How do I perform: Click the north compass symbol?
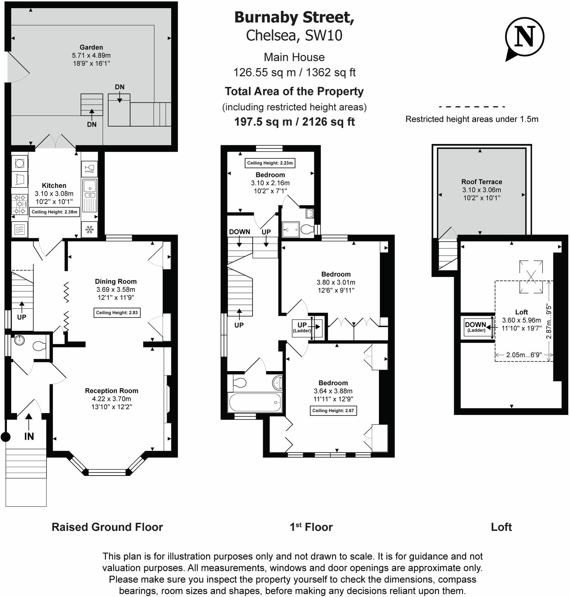tap(524, 37)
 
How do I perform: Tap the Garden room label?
tap(91, 47)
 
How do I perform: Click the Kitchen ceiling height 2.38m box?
tap(55, 212)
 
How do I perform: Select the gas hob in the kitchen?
tap(20, 204)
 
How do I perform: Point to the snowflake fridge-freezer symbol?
tap(90, 230)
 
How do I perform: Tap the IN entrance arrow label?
tap(29, 436)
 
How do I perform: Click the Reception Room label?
tap(111, 391)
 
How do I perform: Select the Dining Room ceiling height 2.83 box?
tap(117, 313)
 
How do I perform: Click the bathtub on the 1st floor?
tap(255, 402)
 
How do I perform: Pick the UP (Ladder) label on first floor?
tap(302, 327)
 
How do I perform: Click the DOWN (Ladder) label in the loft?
tap(476, 327)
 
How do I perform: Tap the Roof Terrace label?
tap(481, 182)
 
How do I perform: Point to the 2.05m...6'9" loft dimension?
tap(524, 355)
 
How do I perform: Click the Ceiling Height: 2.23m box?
tap(270, 163)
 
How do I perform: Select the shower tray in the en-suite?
tap(291, 229)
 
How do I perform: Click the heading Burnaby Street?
tap(294, 18)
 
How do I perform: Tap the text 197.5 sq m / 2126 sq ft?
tap(294, 122)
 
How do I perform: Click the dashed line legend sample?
tap(472, 107)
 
